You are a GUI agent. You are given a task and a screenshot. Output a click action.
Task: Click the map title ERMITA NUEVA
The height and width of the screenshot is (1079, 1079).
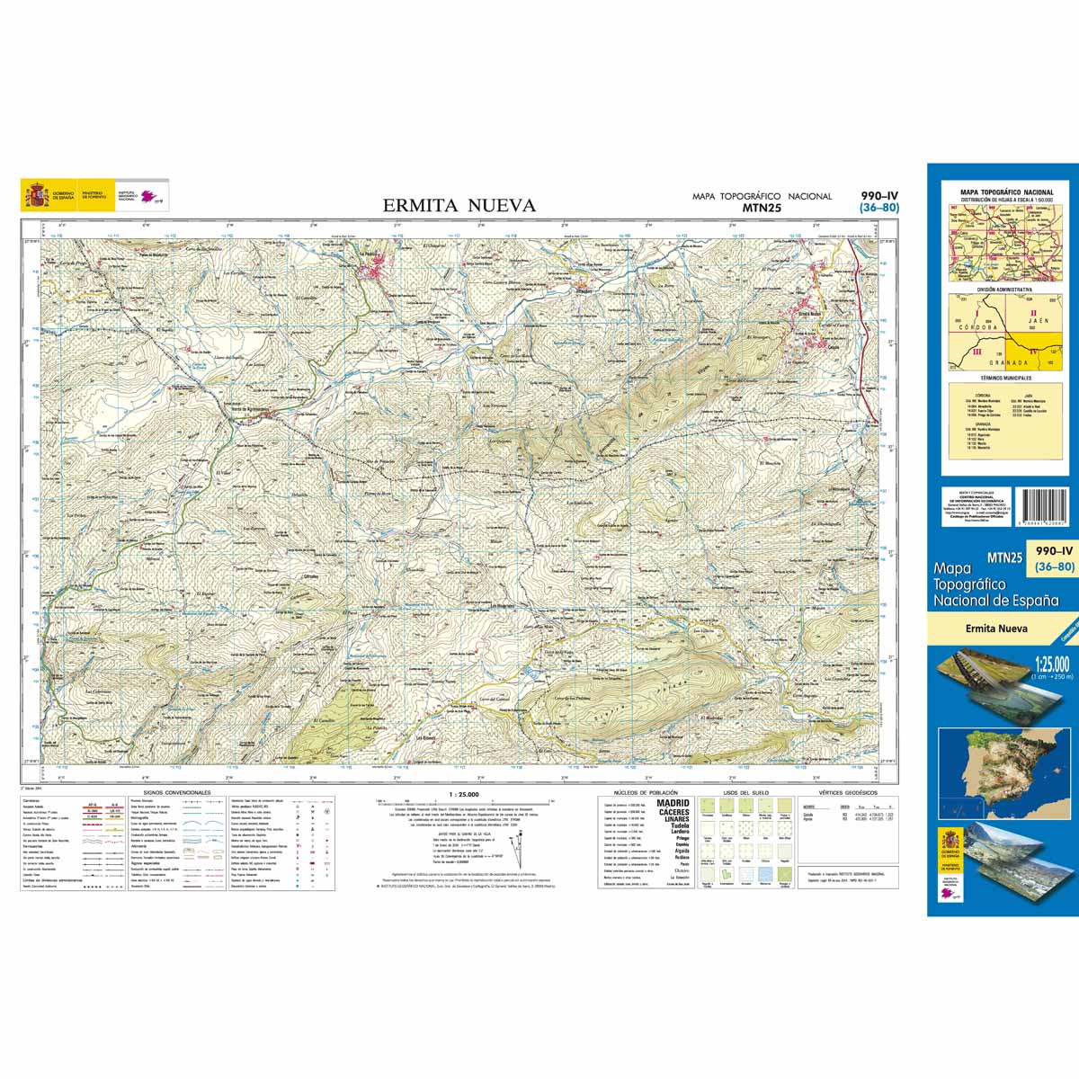[459, 206]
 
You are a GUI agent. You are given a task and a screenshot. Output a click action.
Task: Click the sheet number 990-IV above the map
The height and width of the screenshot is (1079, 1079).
[878, 196]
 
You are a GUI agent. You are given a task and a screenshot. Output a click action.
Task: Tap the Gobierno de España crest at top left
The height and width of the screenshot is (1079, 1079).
[37, 194]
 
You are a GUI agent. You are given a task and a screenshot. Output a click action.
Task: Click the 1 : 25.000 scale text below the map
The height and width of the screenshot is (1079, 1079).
[464, 795]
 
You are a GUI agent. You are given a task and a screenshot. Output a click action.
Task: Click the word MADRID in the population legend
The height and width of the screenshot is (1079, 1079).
[673, 803]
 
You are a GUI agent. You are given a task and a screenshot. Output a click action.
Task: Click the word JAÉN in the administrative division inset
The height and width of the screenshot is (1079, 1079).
[1039, 320]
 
